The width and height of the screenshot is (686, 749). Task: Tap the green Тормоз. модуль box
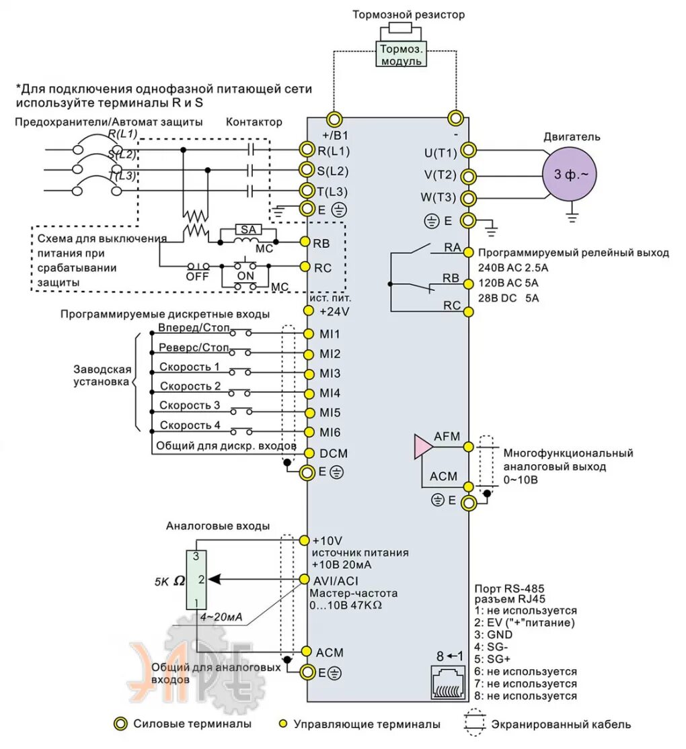pos(401,54)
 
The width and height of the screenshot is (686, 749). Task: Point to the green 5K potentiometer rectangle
pos(196,579)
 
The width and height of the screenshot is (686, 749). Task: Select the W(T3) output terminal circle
pos(467,198)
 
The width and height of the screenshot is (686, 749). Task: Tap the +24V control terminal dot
pos(308,311)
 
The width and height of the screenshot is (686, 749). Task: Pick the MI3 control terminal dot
pos(308,373)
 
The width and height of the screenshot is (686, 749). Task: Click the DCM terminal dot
pos(308,453)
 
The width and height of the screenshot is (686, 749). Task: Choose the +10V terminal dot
pos(305,540)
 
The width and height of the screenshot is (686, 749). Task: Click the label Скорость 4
pos(190,425)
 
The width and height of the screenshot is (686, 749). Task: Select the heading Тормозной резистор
pos(408,15)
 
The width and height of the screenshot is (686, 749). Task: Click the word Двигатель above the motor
pos(572,137)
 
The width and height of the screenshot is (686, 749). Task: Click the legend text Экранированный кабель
pos(561,724)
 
